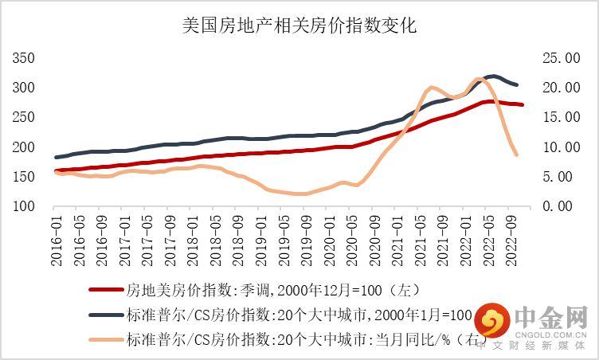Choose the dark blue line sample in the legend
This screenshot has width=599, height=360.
click(x=104, y=315)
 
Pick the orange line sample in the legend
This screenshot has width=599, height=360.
click(x=104, y=340)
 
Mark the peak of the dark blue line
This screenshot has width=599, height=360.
click(x=494, y=76)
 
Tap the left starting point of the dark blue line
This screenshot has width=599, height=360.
click(x=57, y=157)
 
